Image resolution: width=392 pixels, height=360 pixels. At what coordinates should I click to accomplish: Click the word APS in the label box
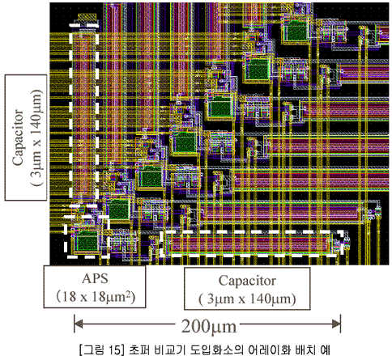95,278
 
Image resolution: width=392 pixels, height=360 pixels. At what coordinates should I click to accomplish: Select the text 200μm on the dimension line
209,327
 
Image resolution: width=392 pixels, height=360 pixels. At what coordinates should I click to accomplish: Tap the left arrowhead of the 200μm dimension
78,324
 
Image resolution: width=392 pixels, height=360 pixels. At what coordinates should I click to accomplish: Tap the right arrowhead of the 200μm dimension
337,324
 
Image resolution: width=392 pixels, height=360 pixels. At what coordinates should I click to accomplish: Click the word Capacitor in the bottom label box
247,281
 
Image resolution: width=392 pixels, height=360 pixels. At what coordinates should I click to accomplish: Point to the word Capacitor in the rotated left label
18,137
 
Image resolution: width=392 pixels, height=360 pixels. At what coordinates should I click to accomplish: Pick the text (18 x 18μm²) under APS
96,297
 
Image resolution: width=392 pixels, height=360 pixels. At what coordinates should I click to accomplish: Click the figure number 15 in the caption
115,349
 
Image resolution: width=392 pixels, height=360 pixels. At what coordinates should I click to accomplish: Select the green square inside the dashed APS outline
86,241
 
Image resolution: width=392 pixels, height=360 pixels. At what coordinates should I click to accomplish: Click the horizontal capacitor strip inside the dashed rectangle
249,244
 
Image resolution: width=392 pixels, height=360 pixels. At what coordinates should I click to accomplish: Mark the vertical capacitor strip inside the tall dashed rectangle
83,116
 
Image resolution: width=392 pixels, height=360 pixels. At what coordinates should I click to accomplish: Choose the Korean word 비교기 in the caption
171,349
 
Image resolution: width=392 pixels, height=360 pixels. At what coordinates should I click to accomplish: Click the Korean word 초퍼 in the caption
140,349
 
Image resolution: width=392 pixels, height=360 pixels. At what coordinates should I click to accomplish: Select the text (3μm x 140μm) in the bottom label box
247,299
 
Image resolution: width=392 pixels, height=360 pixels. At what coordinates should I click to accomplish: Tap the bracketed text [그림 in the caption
92,349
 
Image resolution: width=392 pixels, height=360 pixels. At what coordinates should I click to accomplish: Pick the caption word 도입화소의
217,349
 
